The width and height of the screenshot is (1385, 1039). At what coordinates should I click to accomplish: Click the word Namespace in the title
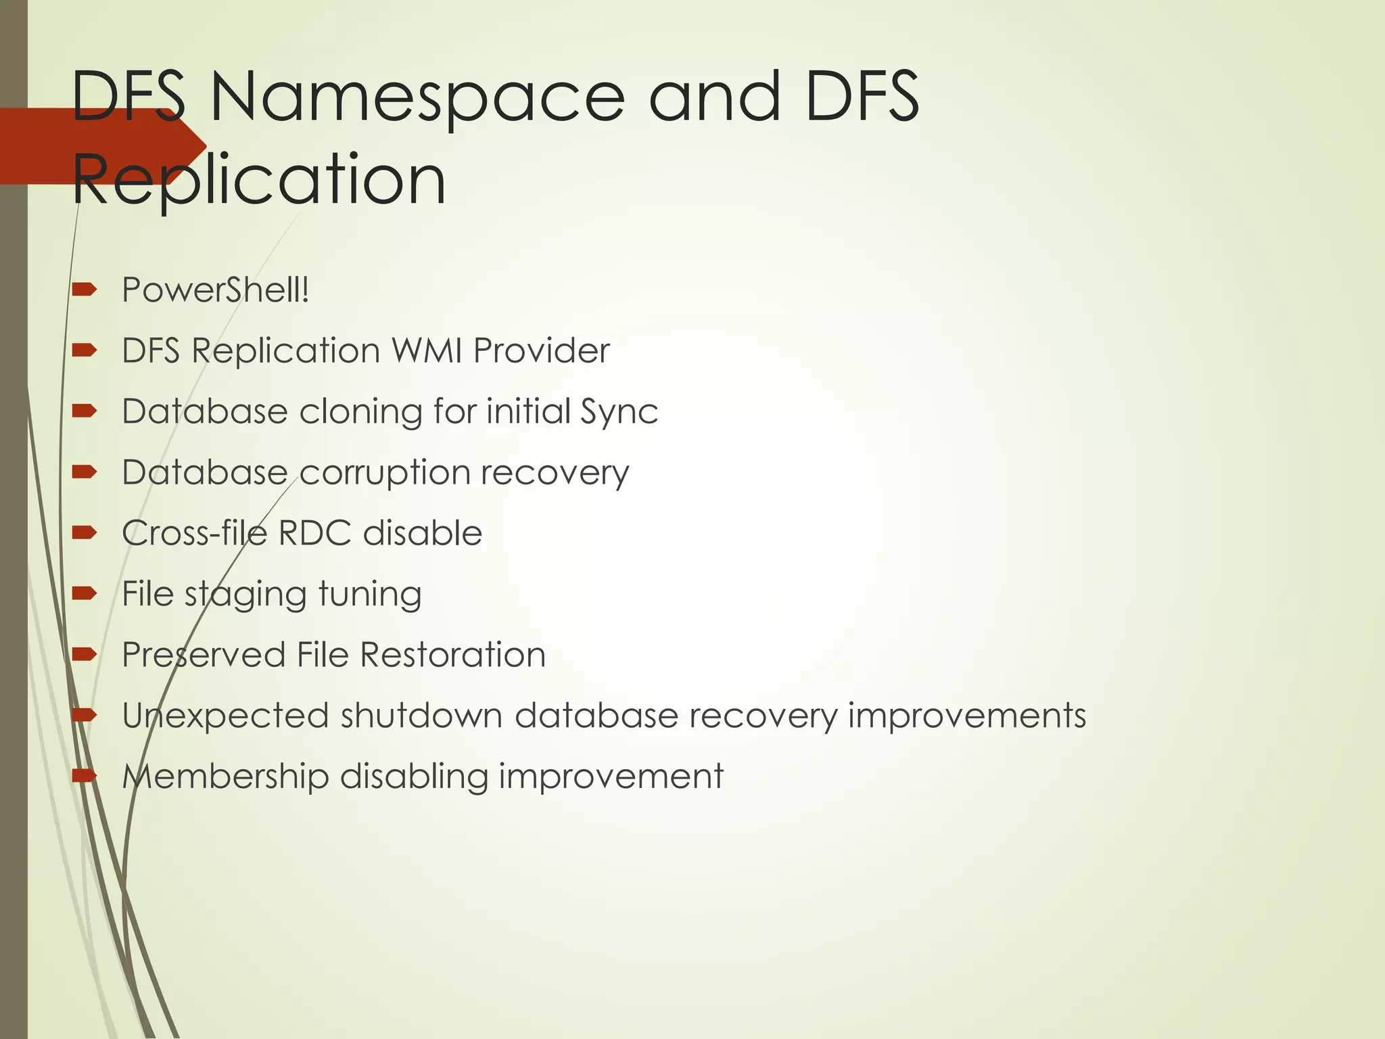pos(417,98)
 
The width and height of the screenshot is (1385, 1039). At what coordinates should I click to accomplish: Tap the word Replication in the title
pos(259,179)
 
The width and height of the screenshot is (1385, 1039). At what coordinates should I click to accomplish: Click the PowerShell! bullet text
pos(215,290)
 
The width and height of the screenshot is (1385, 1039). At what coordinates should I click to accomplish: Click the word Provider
pos(541,350)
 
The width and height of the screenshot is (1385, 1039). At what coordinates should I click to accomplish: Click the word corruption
pos(384,473)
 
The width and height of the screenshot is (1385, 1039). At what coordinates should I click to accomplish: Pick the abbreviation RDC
pos(314,533)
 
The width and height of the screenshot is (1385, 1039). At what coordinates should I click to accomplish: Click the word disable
pos(423,533)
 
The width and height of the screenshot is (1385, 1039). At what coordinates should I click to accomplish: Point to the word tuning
pos(370,595)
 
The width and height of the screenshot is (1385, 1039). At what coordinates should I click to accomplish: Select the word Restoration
pos(452,655)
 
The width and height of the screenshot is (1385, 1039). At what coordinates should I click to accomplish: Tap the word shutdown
pos(421,716)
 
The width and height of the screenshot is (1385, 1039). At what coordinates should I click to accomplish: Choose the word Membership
pos(225,776)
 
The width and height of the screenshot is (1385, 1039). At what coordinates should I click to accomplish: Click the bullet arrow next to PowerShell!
pos(85,290)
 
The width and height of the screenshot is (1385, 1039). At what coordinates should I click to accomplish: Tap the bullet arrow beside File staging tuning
pos(85,594)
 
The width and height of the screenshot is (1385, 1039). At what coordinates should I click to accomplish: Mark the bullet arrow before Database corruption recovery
pos(85,472)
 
